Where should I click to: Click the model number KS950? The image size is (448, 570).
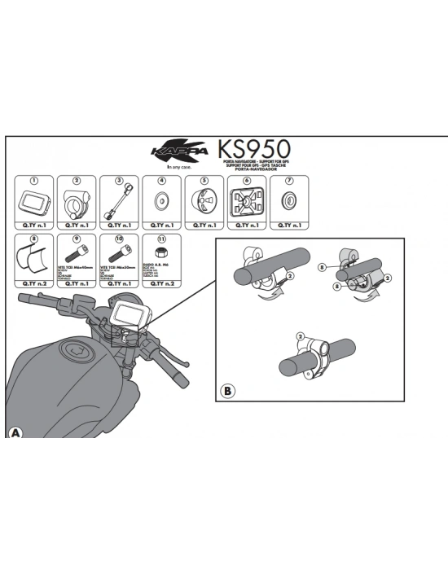point(253,151)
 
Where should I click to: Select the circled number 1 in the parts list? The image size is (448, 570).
point(34,181)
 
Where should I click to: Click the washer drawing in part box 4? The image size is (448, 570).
point(161,201)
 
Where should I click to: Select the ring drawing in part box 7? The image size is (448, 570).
point(288,201)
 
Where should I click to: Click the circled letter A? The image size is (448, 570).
point(15,432)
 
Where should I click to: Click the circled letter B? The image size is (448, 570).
point(227,392)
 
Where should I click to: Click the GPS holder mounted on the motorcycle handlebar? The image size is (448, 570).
point(131,314)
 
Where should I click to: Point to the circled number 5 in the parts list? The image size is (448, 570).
point(204,181)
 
